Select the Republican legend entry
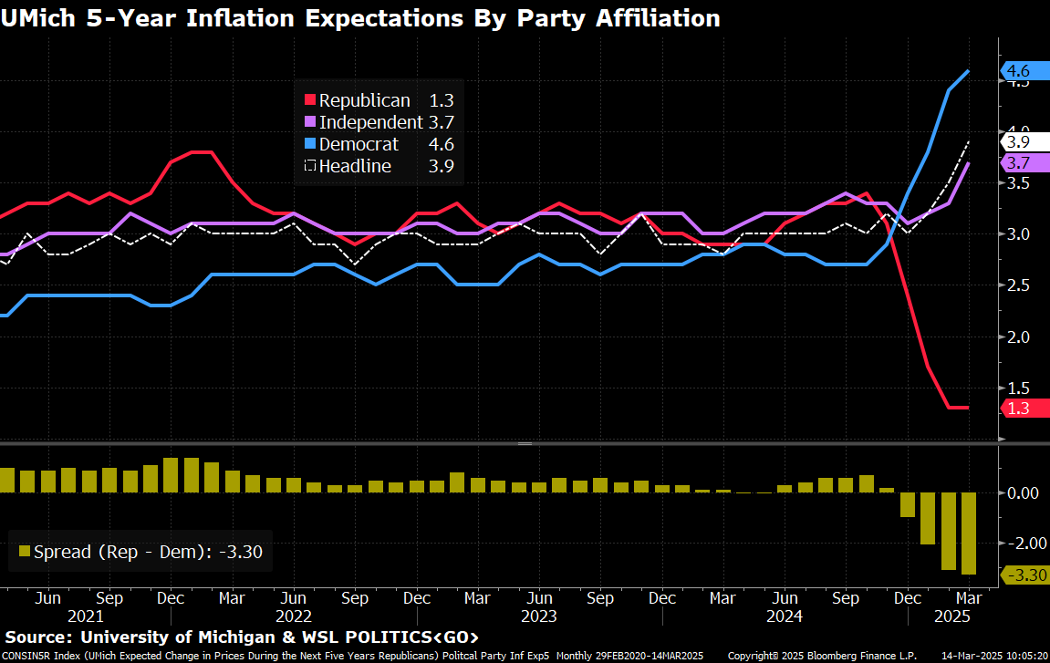click(x=365, y=101)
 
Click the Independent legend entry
click(x=369, y=122)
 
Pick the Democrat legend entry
click(x=359, y=144)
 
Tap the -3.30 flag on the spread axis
click(x=1024, y=575)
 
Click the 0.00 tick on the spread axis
click(x=1022, y=492)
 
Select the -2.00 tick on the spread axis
click(x=1022, y=543)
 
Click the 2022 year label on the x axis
click(x=293, y=616)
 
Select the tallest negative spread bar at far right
click(x=968, y=534)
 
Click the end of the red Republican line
click(x=967, y=408)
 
